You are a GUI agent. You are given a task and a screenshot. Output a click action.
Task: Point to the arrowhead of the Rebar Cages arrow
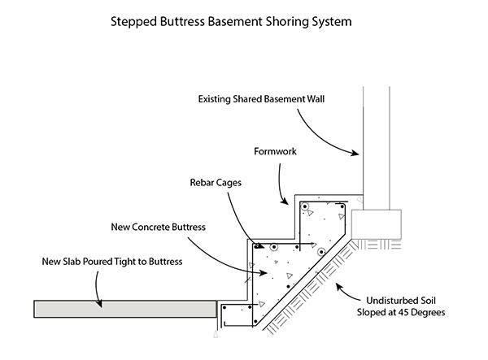pos(260,244)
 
